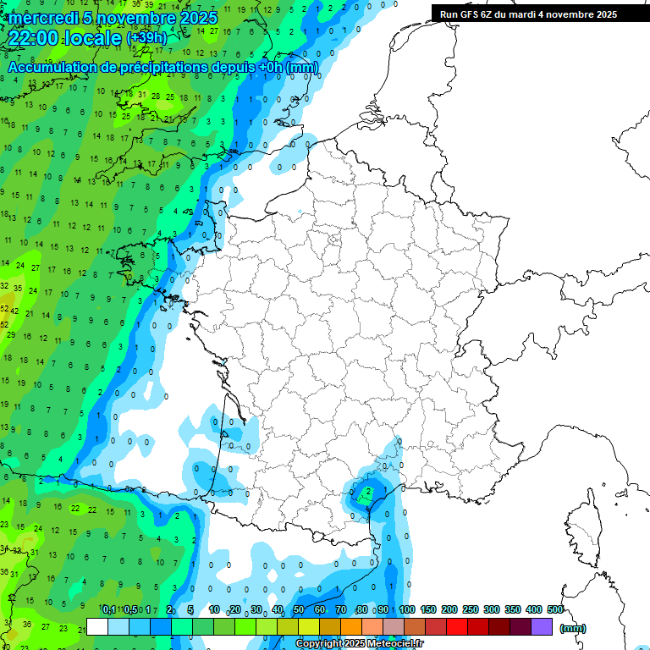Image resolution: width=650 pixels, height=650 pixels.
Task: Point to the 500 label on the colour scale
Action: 555,609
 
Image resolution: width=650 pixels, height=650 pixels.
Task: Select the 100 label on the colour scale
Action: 407,609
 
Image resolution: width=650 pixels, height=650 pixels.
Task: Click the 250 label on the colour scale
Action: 471,609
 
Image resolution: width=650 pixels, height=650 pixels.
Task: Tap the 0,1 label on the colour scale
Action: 109,609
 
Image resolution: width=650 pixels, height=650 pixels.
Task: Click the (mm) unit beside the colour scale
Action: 573,628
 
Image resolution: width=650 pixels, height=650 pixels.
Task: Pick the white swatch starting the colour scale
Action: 97,626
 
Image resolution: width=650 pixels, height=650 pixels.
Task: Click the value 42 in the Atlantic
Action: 14,311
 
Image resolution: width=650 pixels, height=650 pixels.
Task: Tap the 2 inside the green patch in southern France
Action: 368,491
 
